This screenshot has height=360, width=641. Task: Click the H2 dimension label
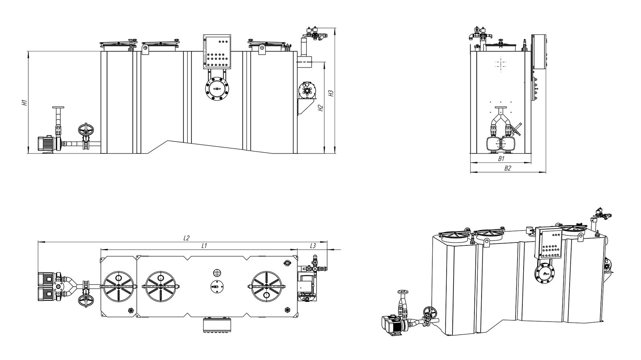(x=321, y=108)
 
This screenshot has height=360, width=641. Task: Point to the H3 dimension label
(x=331, y=93)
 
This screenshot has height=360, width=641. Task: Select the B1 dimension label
(x=501, y=158)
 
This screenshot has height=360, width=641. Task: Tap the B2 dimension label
(x=507, y=168)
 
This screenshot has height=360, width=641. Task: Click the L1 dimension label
(x=204, y=245)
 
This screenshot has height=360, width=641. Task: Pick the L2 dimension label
(x=186, y=238)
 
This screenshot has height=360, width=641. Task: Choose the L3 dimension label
(x=313, y=245)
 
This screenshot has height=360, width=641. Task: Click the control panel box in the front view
(x=217, y=52)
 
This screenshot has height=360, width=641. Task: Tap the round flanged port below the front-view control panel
(x=217, y=89)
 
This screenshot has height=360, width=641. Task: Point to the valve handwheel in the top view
(x=86, y=301)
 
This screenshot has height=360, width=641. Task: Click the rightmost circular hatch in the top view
(x=266, y=286)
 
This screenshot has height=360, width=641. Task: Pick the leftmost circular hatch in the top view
(x=119, y=286)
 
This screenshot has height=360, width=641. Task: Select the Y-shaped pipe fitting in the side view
(x=500, y=120)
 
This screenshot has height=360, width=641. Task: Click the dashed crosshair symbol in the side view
(x=500, y=65)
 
